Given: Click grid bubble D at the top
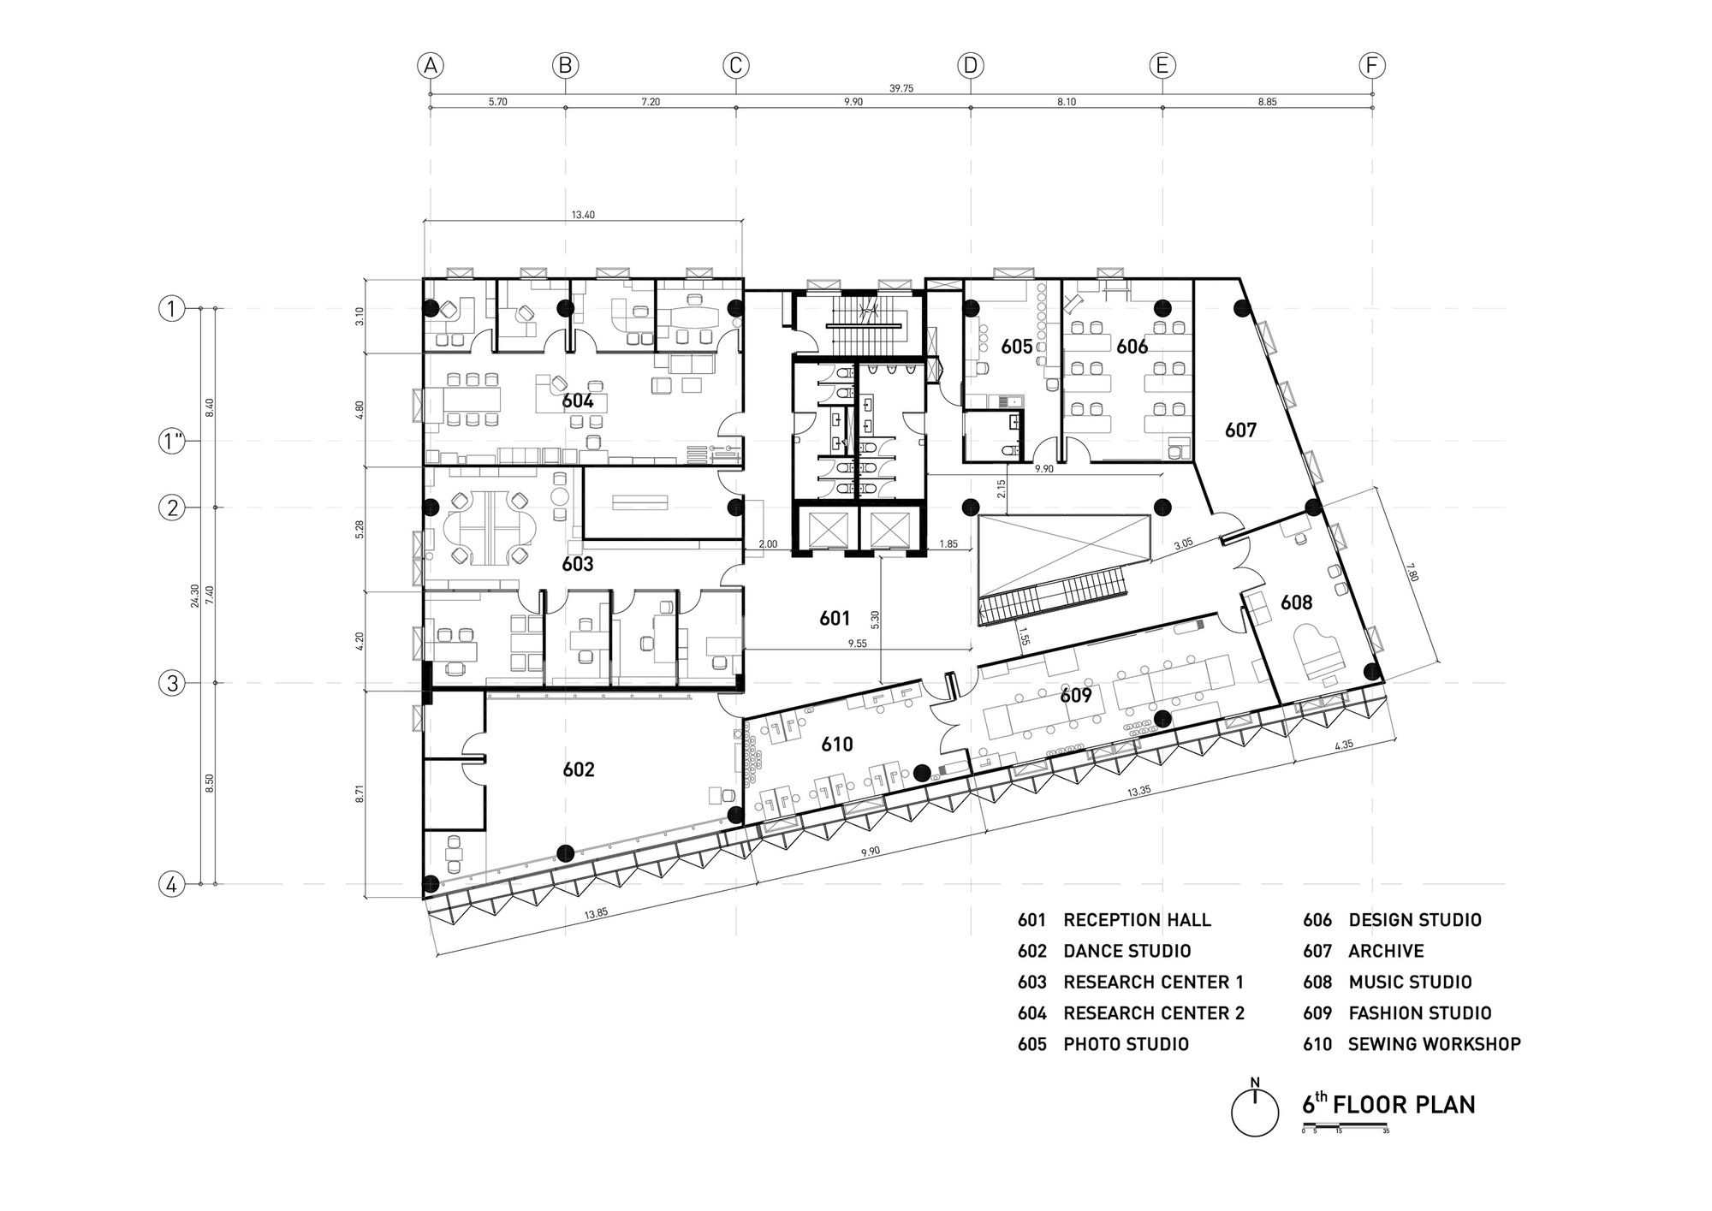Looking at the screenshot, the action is pos(970,65).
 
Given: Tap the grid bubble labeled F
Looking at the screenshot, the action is pos(1372,65).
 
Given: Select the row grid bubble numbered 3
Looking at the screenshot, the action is pos(172,683).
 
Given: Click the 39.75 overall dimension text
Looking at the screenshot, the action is pos(901,88).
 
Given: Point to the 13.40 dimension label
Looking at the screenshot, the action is pos(583,215).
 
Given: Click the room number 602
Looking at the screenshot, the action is pos(579,769).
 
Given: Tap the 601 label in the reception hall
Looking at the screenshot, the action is pos(835,618).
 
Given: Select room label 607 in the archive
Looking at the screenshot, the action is pos(1240,430).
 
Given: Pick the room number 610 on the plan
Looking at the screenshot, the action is pos(837,745).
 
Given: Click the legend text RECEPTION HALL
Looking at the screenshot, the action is pos(1137,920).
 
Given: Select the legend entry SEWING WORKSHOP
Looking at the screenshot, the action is pos(1435,1044).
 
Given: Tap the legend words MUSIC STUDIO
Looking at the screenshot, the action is pos(1411,982).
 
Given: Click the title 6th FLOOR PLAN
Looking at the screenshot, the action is pos(1389,1104).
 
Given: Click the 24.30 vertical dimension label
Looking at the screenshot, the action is pos(195,596).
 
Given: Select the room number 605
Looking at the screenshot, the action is pos(1017,347).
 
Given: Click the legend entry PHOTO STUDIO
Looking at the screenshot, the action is pos(1126,1044).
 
